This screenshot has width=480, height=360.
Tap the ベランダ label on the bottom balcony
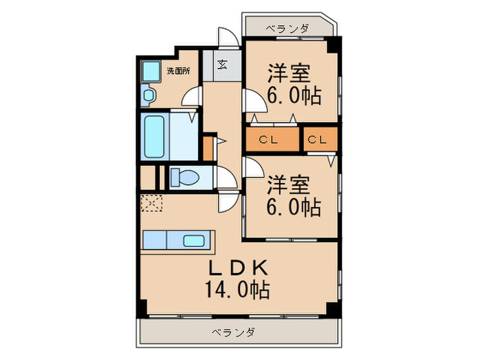[233, 333]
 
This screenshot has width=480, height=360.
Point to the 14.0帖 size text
[237, 289]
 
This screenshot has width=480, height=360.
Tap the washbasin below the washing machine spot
[149, 95]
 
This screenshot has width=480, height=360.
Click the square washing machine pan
[150, 71]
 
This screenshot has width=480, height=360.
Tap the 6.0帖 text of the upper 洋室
[295, 96]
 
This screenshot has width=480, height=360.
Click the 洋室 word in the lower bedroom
[288, 184]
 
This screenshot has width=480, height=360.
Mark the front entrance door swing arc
[228, 38]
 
